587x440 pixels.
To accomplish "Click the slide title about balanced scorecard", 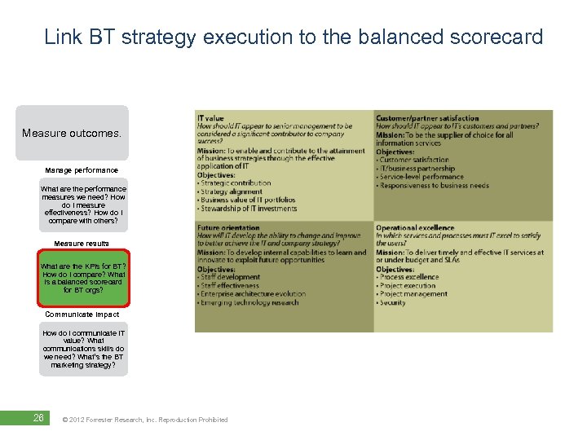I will [293, 37].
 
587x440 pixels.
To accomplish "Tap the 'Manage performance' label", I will [82, 170].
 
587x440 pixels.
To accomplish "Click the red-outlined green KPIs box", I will [83, 278].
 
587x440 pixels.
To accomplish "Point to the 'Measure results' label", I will [82, 244].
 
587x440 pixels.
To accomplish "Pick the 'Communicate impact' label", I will [82, 314].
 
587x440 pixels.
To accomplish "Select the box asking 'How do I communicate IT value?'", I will [83, 349].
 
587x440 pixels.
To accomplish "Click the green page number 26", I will [38, 419].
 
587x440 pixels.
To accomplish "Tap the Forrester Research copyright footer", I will [145, 420].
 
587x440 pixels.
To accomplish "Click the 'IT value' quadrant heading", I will [210, 119].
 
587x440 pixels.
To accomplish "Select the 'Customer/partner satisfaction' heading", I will [427, 119].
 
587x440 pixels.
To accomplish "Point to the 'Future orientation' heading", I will [228, 228].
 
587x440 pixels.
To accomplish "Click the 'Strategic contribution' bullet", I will [235, 184].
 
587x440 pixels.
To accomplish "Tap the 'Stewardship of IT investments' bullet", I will [248, 209].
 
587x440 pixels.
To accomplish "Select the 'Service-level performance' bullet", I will [421, 177].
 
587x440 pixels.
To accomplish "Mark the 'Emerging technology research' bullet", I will [249, 303].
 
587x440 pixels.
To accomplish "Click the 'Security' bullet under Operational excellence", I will [393, 303].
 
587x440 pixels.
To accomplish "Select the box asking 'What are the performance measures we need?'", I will [83, 205].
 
